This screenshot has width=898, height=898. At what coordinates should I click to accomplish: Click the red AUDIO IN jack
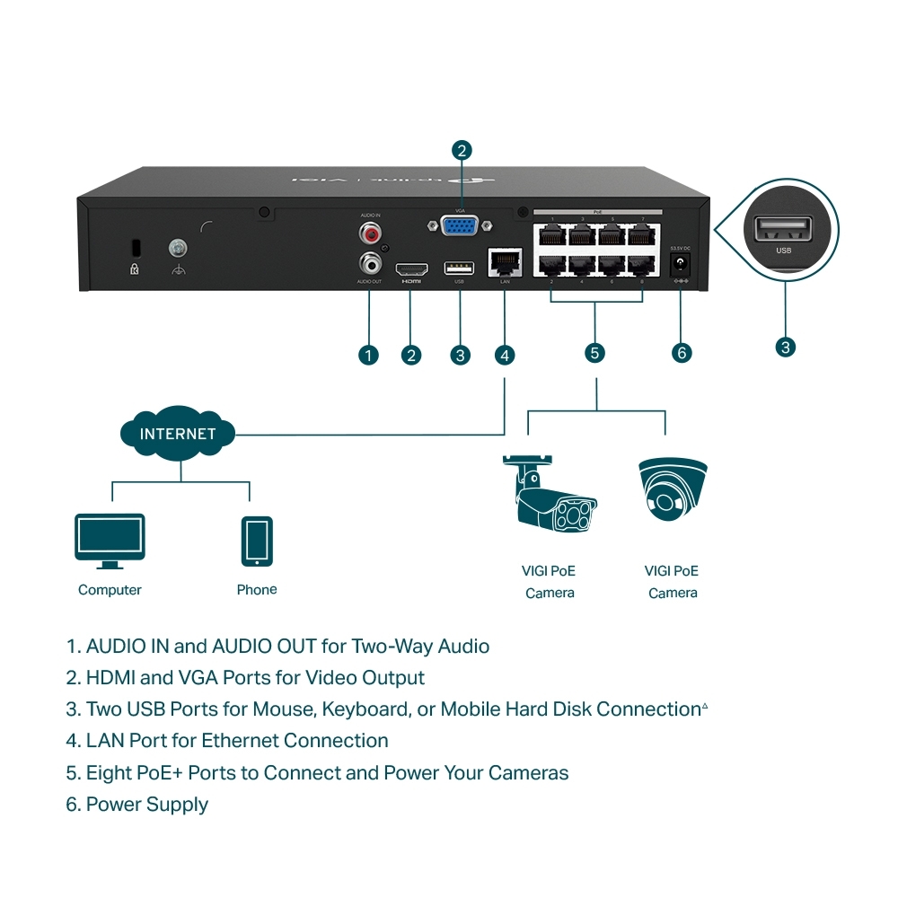click(x=369, y=235)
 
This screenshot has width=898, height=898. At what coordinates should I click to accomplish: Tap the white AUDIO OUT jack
click(x=369, y=264)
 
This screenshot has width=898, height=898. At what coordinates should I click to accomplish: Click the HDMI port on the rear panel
click(x=412, y=269)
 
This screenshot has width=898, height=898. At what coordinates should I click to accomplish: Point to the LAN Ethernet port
click(x=504, y=262)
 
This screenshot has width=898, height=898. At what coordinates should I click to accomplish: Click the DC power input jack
click(x=680, y=265)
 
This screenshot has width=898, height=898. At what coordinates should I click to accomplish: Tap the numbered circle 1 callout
click(x=368, y=355)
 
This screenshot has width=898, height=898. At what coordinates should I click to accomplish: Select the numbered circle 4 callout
click(x=505, y=355)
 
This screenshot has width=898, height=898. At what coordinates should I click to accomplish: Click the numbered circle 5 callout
click(x=594, y=352)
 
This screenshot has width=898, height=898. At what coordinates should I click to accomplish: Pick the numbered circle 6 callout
click(x=682, y=353)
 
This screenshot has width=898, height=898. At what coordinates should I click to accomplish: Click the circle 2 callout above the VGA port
click(x=462, y=150)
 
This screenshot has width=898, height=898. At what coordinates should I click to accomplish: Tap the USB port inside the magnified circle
click(x=783, y=231)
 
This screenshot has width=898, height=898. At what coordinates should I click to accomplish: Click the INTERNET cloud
click(x=178, y=435)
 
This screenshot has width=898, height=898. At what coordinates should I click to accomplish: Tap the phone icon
click(x=257, y=541)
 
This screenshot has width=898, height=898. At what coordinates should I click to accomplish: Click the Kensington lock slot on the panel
click(x=136, y=246)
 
